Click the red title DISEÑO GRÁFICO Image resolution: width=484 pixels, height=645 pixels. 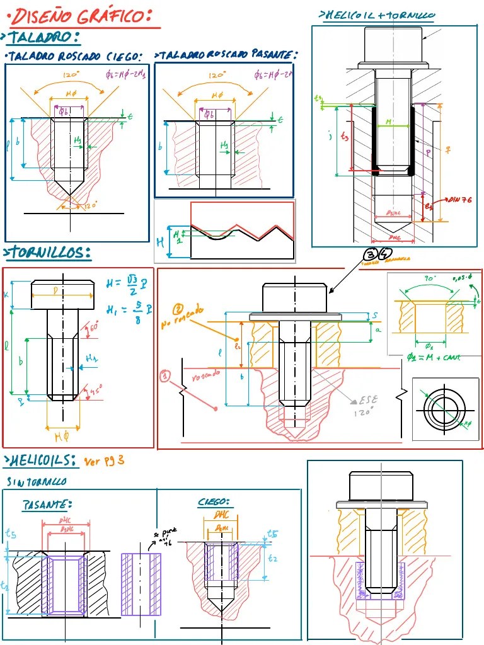pyautogui.click(x=82, y=16)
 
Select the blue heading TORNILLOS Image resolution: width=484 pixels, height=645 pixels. pyautogui.click(x=48, y=253)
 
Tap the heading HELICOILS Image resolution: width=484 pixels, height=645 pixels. pyautogui.click(x=40, y=462)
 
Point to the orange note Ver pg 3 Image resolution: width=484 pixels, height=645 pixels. pyautogui.click(x=104, y=460)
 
